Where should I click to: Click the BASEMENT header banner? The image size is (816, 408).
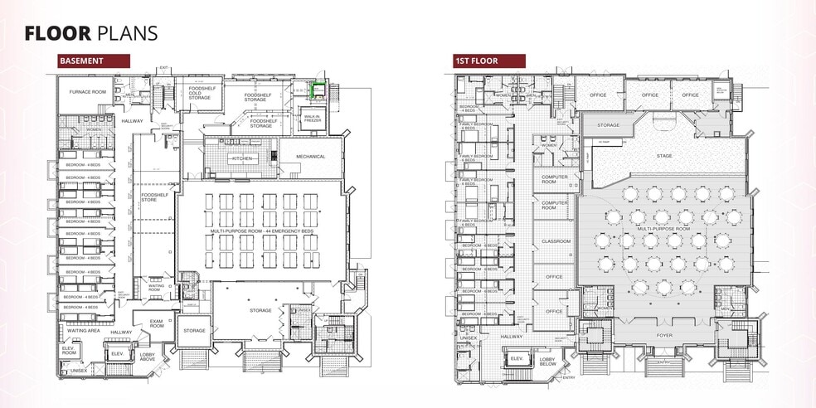pyautogui.click(x=94, y=61)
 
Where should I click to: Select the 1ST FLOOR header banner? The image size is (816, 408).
pyautogui.click(x=488, y=61)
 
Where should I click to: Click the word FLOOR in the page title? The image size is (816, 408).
pyautogui.click(x=58, y=32)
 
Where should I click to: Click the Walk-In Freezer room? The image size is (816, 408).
pyautogui.click(x=313, y=118)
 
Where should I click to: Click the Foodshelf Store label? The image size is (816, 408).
pyautogui.click(x=154, y=197)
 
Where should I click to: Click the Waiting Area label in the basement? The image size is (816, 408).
pyautogui.click(x=79, y=331)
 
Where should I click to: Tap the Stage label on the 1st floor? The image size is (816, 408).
pyautogui.click(x=663, y=155)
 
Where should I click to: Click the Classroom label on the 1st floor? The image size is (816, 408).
pyautogui.click(x=556, y=241)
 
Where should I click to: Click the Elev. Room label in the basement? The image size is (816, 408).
pyautogui.click(x=69, y=351)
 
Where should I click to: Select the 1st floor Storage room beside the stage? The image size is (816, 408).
pyautogui.click(x=608, y=125)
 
